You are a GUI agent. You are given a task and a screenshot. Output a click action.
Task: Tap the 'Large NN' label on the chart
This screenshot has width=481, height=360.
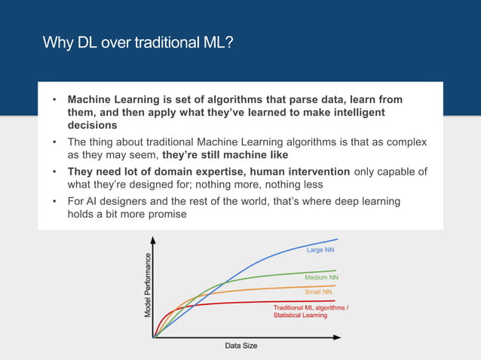[x=320, y=249]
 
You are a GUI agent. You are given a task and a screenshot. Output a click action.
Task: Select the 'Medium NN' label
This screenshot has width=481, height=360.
[x=321, y=278]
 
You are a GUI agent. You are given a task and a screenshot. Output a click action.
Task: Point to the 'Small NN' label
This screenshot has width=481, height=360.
[x=317, y=291]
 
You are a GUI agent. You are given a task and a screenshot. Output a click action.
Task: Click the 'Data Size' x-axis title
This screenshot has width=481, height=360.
[x=241, y=346]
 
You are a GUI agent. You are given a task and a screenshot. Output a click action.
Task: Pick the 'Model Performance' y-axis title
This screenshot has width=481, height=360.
[x=148, y=285]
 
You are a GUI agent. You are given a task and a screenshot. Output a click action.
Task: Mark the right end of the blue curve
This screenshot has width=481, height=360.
[x=337, y=239]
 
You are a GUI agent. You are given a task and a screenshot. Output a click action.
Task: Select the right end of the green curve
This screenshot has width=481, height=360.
[x=335, y=270]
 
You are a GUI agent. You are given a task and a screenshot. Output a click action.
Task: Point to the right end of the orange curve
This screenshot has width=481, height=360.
[x=335, y=285]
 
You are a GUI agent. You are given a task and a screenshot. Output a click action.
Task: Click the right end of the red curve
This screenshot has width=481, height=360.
[x=335, y=301]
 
